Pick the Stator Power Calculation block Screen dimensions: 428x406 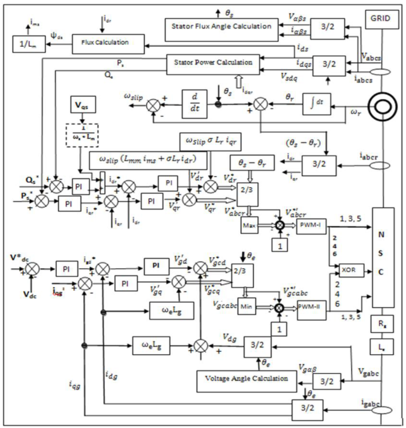pos(212,63)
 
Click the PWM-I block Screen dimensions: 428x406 pos(312,225)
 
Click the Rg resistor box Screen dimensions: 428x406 pos(382,325)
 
